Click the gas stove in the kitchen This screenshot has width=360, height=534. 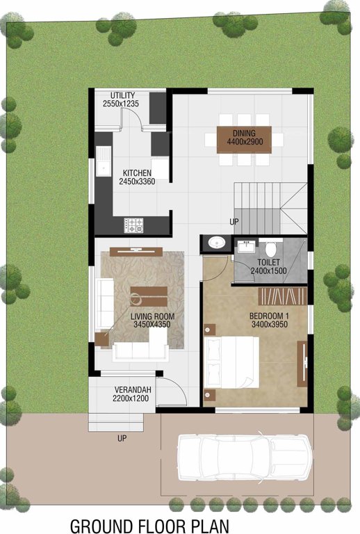pos(133,225)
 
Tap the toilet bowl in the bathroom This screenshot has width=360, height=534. pos(271,247)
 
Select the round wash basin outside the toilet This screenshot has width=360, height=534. pos(217,243)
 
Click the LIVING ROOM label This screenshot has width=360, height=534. pos(152,316)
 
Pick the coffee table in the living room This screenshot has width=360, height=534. pos(148,296)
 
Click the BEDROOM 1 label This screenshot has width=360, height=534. pos(268,316)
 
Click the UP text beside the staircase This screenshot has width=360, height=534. pos(235,222)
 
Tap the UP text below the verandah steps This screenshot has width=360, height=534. pos(122,439)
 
